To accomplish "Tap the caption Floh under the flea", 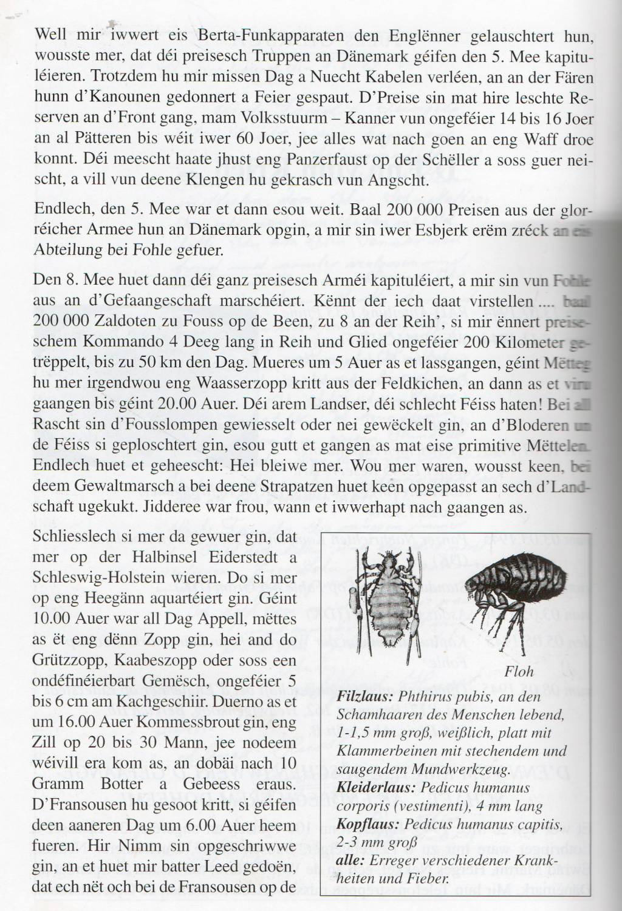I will tap(519, 671).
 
